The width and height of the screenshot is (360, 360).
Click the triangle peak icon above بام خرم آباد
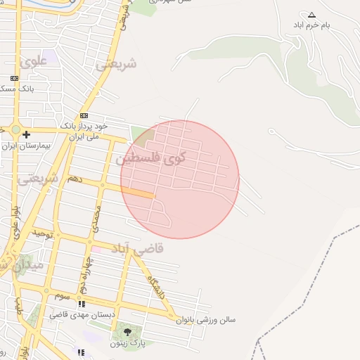click(x=312, y=15)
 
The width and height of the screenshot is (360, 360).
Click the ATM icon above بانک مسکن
click(x=14, y=78)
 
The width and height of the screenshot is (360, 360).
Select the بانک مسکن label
click(x=14, y=89)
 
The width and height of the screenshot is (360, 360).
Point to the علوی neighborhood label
click(x=34, y=62)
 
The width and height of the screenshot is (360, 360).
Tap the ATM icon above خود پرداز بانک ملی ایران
click(x=84, y=115)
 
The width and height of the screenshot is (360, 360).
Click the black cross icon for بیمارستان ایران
click(x=26, y=134)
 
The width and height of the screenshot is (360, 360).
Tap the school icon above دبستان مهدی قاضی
click(x=82, y=304)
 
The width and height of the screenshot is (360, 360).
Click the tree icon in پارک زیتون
click(x=127, y=333)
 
